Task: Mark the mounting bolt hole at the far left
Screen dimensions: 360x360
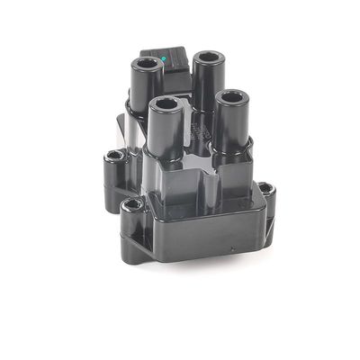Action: pos(114,157)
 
